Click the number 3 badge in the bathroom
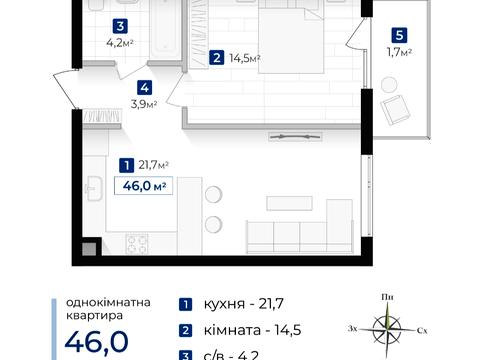coord(120,27)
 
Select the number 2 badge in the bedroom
coord(217,59)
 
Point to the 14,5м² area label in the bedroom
coord(244,59)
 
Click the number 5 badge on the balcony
coord(399,32)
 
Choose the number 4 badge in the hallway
coord(145,87)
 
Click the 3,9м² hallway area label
coord(146,102)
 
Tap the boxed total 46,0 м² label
coord(142,185)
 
